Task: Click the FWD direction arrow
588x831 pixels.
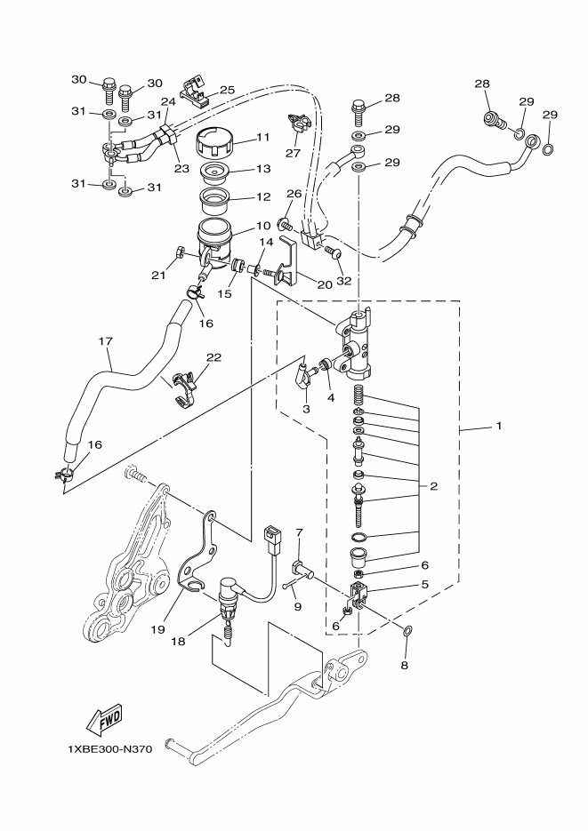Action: pyautogui.click(x=104, y=719)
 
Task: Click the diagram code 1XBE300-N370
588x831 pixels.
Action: pyautogui.click(x=109, y=749)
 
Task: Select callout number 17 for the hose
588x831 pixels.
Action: pyautogui.click(x=106, y=340)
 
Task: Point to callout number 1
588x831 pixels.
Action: pyautogui.click(x=498, y=426)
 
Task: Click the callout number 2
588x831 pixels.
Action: pyautogui.click(x=434, y=486)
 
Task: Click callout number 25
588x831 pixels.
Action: pyautogui.click(x=227, y=90)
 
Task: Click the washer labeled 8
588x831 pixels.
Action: pyautogui.click(x=407, y=631)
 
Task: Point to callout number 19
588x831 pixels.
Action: pyautogui.click(x=158, y=629)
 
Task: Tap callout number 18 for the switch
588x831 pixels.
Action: pyautogui.click(x=178, y=642)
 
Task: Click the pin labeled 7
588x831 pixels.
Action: pyautogui.click(x=302, y=571)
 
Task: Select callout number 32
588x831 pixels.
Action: pyautogui.click(x=344, y=281)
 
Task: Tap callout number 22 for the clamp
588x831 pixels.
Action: pyautogui.click(x=213, y=358)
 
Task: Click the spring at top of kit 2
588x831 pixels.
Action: pyautogui.click(x=360, y=395)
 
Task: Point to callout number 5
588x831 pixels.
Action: pyautogui.click(x=424, y=584)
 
